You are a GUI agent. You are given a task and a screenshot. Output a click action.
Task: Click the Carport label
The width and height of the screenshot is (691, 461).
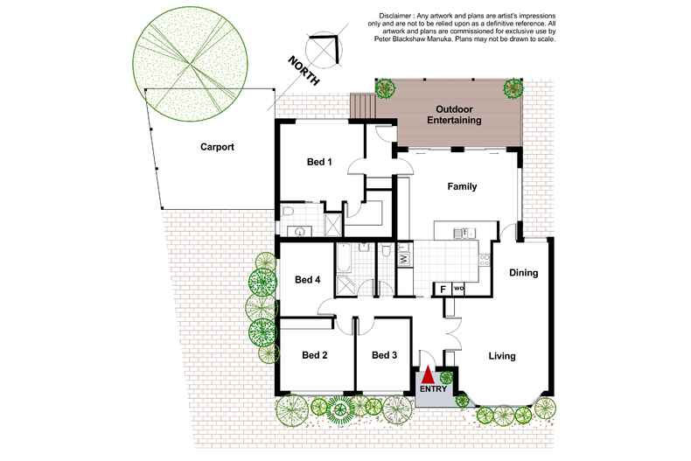(x=216, y=148)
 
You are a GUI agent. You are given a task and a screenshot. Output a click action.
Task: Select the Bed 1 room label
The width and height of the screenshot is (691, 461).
(x=319, y=162)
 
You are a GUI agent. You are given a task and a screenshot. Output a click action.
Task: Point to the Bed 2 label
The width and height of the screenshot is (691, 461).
(x=314, y=355)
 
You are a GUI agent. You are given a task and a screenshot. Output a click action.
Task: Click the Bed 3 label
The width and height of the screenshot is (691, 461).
(x=384, y=355)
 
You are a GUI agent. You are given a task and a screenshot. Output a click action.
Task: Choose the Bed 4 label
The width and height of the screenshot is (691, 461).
(x=307, y=280)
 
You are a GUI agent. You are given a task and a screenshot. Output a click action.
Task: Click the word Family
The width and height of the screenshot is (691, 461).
(x=462, y=186)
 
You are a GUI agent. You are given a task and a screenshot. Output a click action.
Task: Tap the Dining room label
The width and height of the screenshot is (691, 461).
(x=523, y=273)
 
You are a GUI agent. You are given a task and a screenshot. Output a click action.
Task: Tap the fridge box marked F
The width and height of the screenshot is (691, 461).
(x=443, y=289)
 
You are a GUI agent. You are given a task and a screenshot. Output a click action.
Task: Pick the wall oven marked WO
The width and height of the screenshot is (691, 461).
(x=458, y=289)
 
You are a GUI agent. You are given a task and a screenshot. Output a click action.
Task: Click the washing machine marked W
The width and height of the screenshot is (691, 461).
(x=403, y=259)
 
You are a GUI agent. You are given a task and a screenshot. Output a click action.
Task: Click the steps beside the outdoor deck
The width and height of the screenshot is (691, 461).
(x=362, y=106)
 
